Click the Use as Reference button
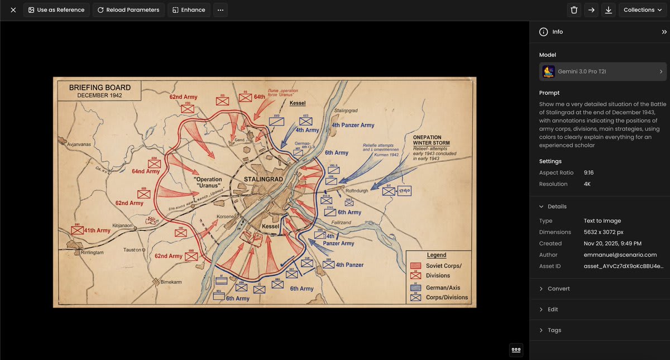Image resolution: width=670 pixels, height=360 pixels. pos(56,10)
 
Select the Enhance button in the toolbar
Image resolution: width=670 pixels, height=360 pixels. pos(189,10)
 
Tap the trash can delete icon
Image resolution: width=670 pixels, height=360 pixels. pos(574,10)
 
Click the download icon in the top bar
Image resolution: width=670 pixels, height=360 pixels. pos(608,10)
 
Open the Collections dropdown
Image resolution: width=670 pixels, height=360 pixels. pos(643,10)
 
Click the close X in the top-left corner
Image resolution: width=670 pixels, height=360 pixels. pos(13,10)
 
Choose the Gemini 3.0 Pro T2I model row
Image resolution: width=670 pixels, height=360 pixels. pos(602,71)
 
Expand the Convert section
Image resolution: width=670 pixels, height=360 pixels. pos(558,289)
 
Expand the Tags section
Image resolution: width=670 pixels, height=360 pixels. pos(554,330)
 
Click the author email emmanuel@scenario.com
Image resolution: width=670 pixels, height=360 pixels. pos(620,255)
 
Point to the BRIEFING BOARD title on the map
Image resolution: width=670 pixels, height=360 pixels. pos(100,88)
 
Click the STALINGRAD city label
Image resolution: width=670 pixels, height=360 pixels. pos(264,179)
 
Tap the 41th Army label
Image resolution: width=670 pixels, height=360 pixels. pos(97,230)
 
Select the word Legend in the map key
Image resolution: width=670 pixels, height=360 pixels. pos(437,255)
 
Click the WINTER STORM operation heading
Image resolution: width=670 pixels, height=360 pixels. pos(432,143)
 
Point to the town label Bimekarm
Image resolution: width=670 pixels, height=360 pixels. pos(172,282)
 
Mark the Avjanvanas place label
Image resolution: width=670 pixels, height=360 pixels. pos(75,144)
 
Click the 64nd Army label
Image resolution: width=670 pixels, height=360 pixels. pos(146,171)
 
